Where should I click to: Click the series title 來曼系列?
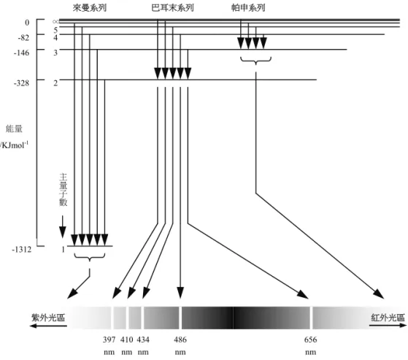pos(90,8)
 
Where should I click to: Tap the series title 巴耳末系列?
pos(172,8)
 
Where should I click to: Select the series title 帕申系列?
pos(248,8)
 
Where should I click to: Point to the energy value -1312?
pos(22,249)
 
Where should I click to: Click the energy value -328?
pos(22,83)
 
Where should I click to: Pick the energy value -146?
pos(22,53)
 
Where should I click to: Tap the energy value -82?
pos(23,38)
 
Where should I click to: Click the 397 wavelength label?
pos(109,340)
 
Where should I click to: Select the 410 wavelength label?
pos(127,340)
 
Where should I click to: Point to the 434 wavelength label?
pos(143,340)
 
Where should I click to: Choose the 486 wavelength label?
pos(180,340)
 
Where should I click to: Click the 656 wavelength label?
pos(310,340)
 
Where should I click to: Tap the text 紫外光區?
pos(48,318)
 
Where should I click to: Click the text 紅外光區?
pos(388,318)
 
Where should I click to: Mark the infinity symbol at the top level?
pos(55,22)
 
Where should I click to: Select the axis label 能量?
pos(14,129)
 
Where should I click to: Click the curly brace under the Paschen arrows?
pos(255,61)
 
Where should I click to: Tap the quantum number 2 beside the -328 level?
pos(55,83)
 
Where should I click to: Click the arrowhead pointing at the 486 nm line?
pos(180,293)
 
